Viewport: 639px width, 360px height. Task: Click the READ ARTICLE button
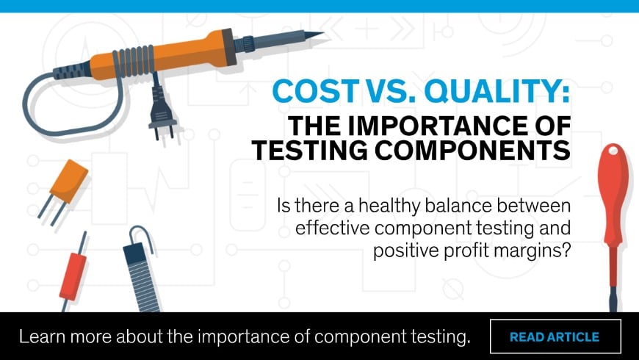[555, 336]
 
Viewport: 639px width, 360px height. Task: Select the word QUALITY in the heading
[497, 91]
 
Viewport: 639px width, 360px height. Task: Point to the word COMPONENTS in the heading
[472, 150]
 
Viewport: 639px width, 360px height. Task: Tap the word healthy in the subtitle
[389, 206]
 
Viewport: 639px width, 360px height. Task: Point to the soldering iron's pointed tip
[322, 34]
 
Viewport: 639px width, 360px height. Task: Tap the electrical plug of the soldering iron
[162, 115]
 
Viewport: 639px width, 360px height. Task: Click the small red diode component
[73, 276]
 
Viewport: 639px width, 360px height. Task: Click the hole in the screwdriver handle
[613, 151]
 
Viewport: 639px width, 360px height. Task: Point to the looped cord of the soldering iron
[68, 131]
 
